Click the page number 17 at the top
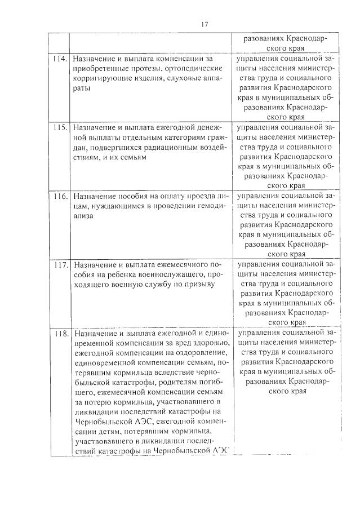[x=204, y=24]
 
